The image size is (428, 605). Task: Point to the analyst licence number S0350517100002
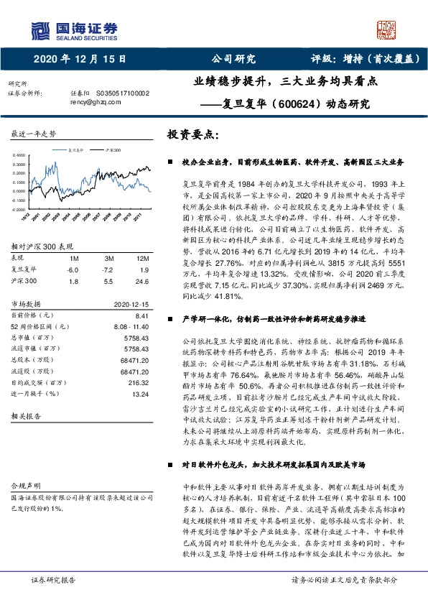pyautogui.click(x=124, y=93)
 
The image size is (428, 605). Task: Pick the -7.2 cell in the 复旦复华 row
pyautogui.click(x=108, y=269)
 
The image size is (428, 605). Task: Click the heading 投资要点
pyautogui.click(x=192, y=135)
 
